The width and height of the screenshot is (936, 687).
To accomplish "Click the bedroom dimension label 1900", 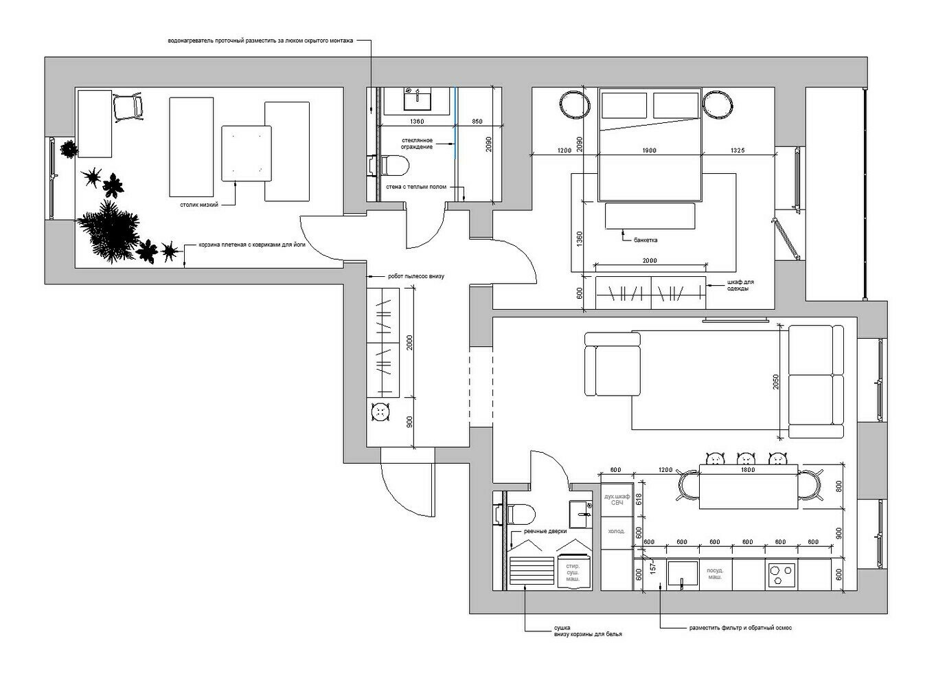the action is (x=650, y=150).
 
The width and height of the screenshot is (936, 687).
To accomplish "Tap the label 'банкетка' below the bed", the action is (x=645, y=240).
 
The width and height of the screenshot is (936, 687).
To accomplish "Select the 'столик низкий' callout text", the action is (x=199, y=205).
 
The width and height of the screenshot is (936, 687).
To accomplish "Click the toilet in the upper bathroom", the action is (x=394, y=165).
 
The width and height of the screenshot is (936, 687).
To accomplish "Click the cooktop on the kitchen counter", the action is (x=781, y=575).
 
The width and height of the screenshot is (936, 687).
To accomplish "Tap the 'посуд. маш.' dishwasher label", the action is (x=715, y=574).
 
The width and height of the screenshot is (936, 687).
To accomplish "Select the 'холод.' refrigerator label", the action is (x=617, y=532).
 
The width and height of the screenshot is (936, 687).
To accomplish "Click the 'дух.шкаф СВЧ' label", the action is (x=617, y=499).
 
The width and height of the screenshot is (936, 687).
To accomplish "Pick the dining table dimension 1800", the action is (x=748, y=470).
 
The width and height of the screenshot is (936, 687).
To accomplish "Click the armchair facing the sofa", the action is (x=612, y=364).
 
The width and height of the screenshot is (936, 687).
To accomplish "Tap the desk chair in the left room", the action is (x=128, y=108).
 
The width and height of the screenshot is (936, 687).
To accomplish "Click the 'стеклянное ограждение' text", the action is (x=417, y=144).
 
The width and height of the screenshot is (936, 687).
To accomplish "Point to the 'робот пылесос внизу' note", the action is (x=415, y=276).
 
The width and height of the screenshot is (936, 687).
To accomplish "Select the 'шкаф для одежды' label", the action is (x=740, y=285).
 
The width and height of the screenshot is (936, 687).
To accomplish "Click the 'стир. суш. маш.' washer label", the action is (x=573, y=572).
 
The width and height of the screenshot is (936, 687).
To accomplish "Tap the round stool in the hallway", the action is (x=380, y=412).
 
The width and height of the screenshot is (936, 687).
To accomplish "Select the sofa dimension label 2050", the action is (x=776, y=381).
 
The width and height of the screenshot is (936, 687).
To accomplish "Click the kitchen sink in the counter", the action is (x=683, y=573).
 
